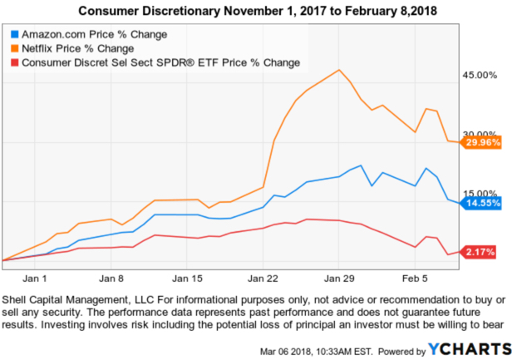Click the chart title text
[258, 11]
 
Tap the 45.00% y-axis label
[478, 76]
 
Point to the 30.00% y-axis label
[478, 135]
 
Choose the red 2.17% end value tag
[479, 252]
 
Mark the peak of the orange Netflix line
[339, 70]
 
